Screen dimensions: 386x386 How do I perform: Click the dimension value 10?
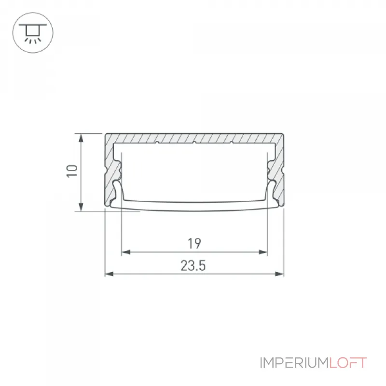(72, 171)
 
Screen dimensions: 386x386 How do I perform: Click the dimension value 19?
(194, 244)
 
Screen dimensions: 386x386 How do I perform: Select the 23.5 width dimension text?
(193, 266)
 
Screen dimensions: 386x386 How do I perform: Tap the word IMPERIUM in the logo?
(294, 363)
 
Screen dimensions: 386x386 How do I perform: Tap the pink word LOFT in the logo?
(348, 363)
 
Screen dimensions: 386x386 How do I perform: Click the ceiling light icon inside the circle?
(33, 33)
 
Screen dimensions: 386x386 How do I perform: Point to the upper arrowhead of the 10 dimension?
(81, 138)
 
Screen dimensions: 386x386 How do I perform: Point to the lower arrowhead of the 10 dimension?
(81, 207)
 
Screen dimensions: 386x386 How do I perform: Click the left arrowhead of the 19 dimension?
(126, 252)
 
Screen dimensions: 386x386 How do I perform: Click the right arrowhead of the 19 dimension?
(263, 252)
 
